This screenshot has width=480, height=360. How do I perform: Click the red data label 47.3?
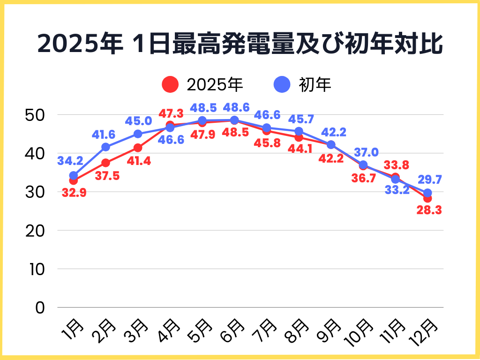[x=171, y=114]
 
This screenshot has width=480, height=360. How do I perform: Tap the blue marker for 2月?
[x=105, y=147]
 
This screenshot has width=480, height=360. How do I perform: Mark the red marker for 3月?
[x=138, y=148]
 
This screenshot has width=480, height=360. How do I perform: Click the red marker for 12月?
[x=427, y=198]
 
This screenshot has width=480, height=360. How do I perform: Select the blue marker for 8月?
[x=299, y=131]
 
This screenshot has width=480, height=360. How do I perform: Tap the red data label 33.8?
[x=396, y=165]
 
